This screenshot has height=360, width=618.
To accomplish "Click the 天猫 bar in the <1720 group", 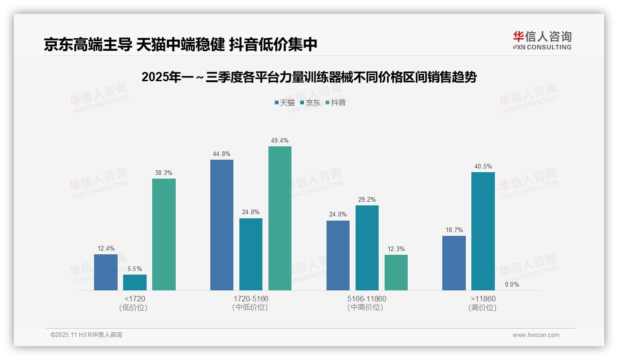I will [x=106, y=272].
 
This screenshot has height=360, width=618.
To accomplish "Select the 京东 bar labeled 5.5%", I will [x=135, y=282].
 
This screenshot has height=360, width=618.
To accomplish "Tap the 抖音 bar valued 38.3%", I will [x=164, y=234].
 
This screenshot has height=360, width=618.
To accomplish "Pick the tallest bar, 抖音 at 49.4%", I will [x=280, y=218].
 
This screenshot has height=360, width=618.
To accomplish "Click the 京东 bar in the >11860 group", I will [x=483, y=231].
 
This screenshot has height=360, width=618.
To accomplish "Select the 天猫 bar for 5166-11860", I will [x=338, y=255].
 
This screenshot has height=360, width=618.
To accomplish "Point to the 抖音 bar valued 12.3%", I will [x=396, y=272].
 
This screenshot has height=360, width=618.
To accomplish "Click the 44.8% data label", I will [x=221, y=154].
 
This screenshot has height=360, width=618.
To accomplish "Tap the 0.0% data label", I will [x=512, y=284].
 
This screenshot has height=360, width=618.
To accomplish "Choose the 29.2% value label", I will [x=367, y=199].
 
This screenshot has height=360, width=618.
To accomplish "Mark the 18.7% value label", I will [x=454, y=230].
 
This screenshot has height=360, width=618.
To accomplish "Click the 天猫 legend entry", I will [x=285, y=103].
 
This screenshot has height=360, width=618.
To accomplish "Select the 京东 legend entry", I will [x=310, y=103].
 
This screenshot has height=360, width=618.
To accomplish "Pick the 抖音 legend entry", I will [x=336, y=103].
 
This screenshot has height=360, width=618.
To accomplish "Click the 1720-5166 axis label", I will [x=251, y=299].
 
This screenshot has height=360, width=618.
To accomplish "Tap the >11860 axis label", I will [x=483, y=299].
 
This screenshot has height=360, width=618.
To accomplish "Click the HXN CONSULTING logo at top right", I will [x=542, y=41].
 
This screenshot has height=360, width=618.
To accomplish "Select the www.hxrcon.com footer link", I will [x=536, y=335].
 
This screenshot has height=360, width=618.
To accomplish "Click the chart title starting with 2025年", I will [x=309, y=77].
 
